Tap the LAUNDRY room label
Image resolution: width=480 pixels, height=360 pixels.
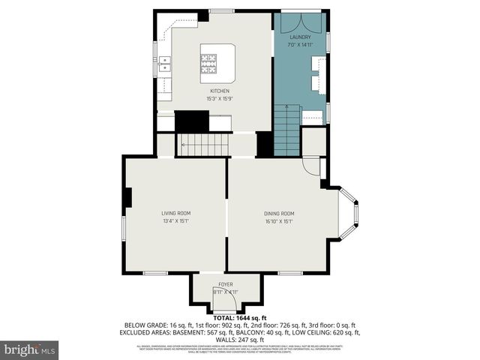click(301, 36)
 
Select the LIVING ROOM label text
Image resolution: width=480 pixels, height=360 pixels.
click(176, 213)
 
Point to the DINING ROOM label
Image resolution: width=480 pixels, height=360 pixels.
click(279, 213)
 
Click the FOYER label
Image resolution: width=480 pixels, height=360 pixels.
click(226, 284)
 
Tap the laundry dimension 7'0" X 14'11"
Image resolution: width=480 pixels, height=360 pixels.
click(301, 43)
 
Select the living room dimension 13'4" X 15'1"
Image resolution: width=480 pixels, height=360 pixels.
click(176, 221)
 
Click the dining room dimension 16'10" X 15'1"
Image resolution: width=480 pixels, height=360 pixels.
click(279, 221)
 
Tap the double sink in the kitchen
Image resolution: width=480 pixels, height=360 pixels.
click(164, 67)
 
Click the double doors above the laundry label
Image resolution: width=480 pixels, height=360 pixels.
click(301, 22)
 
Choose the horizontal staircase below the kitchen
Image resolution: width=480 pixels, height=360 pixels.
click(203, 142)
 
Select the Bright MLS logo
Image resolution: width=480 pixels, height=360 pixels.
click(30, 349)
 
